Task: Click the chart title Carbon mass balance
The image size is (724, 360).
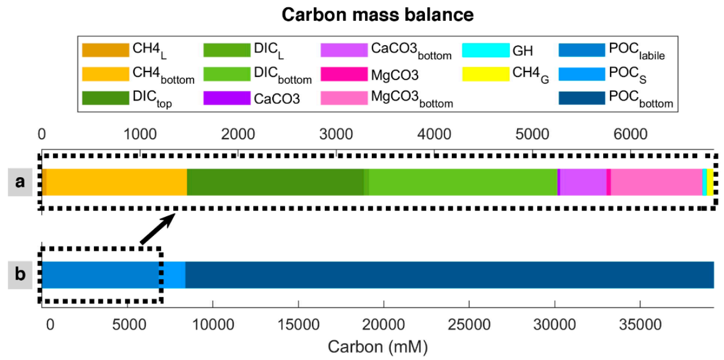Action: tap(378, 15)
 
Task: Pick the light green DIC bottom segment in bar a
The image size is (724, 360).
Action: tap(463, 182)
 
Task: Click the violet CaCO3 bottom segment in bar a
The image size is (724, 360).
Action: tap(583, 182)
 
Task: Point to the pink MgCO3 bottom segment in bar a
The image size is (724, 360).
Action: tap(656, 182)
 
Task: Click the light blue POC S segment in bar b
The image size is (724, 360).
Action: tap(174, 274)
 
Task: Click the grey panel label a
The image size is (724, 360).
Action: tap(20, 182)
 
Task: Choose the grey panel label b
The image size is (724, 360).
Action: tap(20, 275)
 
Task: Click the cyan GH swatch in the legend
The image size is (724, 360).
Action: tap(486, 50)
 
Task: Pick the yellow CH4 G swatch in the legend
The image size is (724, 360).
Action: tap(486, 74)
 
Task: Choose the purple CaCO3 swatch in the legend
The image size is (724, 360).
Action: tap(228, 97)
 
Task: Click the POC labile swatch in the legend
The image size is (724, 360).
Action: tap(582, 50)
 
